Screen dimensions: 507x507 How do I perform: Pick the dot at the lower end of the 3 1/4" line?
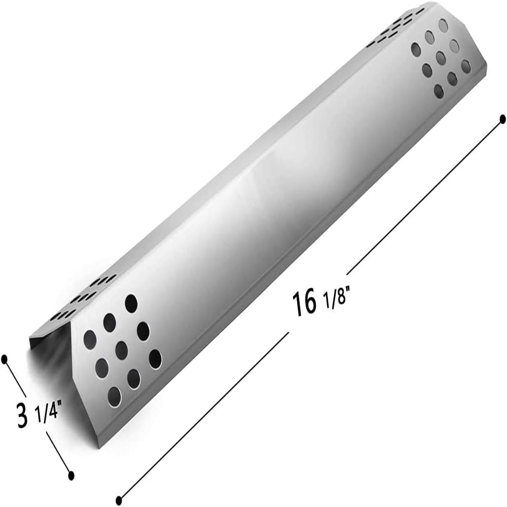coord(71,475)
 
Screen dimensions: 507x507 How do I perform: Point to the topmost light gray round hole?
coord(444,26)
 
